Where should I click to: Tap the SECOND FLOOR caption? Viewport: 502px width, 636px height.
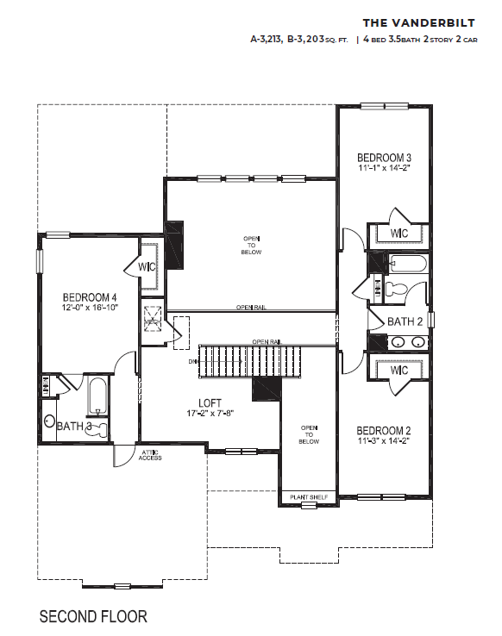click(93, 616)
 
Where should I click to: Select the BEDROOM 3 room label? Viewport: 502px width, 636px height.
click(384, 158)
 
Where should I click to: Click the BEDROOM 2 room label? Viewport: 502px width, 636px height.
click(384, 430)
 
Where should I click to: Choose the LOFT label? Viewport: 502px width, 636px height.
click(211, 402)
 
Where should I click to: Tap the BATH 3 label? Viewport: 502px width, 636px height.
click(73, 426)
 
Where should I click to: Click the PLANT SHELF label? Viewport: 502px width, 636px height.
click(308, 498)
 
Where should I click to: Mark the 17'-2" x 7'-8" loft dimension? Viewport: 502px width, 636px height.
click(211, 414)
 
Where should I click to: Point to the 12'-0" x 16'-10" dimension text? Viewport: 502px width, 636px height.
click(90, 307)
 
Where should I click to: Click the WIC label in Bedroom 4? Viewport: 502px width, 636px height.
click(147, 267)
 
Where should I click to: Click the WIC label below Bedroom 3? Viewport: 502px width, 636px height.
click(398, 234)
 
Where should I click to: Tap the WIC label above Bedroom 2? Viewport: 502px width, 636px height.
click(398, 370)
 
